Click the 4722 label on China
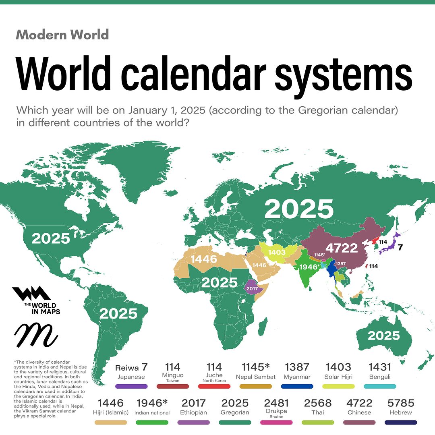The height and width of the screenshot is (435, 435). (343, 247)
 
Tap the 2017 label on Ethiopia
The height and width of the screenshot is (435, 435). (252, 288)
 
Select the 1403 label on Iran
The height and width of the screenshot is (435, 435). (277, 253)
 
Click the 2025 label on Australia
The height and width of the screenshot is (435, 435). (383, 336)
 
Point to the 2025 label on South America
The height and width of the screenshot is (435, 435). (118, 313)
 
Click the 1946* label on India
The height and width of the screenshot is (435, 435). (310, 267)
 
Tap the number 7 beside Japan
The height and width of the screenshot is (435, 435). (400, 248)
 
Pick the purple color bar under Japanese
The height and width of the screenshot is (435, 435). (131, 386)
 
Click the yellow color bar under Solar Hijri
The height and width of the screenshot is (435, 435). (338, 386)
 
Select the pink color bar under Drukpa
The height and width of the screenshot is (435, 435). (276, 422)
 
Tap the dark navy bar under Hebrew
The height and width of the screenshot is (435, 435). (400, 422)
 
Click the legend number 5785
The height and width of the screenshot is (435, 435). (400, 403)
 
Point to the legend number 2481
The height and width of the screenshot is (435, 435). (276, 403)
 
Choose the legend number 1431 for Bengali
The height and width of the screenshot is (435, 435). (380, 367)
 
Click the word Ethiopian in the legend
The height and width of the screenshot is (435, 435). (193, 412)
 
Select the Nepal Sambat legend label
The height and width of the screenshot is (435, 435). (255, 377)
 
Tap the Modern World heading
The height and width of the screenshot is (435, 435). (62, 35)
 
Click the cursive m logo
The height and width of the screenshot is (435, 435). (35, 334)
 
